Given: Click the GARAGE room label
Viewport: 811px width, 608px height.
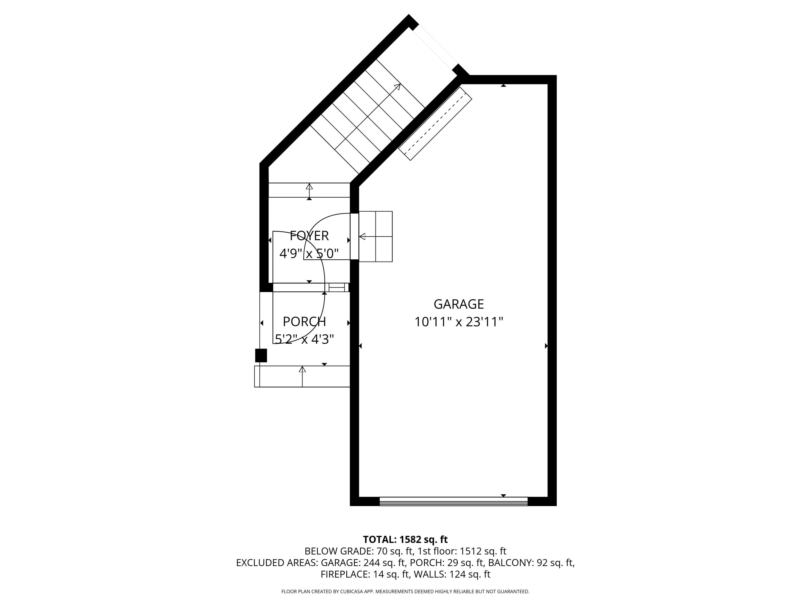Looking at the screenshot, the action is point(459,304).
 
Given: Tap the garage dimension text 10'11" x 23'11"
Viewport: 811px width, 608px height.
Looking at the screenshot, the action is point(459,322).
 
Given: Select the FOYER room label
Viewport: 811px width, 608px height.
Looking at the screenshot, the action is point(309,236).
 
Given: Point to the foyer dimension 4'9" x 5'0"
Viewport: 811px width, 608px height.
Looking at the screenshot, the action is point(309,253).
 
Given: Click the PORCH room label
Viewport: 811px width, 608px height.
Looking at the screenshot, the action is point(304,321).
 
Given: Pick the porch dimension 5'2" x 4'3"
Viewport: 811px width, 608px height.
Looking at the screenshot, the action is point(304,339).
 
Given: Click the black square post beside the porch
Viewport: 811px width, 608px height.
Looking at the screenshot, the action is point(261,356).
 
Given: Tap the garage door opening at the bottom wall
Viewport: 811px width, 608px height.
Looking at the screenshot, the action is point(454,501).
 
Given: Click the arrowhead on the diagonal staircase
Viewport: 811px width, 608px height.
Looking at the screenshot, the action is point(397,87).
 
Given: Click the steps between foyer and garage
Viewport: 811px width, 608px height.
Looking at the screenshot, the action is point(375,236).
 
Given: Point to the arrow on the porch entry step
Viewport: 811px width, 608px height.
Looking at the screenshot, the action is point(302,376).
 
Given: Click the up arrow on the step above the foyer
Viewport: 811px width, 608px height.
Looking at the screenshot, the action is point(309,192).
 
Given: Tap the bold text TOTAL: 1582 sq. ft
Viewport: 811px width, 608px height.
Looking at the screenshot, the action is point(405,539).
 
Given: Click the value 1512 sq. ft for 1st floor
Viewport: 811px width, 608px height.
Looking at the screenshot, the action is point(483,551).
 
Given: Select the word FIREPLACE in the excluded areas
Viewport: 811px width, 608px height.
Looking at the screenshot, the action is point(345,574).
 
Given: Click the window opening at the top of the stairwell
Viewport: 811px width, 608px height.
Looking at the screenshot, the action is point(436,48).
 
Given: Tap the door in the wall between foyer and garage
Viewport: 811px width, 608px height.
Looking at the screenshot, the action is point(354,236).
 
